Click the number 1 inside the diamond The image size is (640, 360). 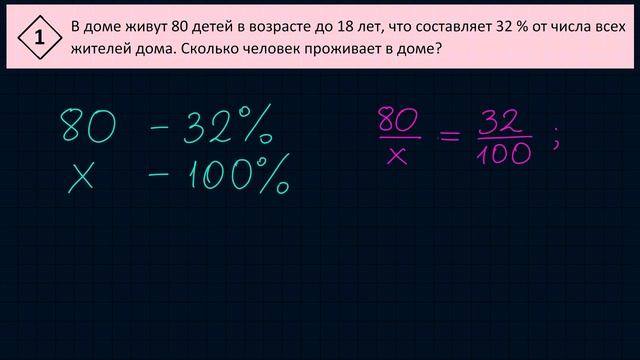39,39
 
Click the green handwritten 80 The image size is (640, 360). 88,128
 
